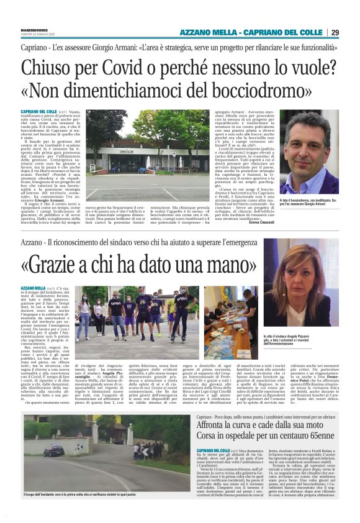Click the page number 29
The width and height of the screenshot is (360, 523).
coord(335,32)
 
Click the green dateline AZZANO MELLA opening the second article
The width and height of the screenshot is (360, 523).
coord(50,288)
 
